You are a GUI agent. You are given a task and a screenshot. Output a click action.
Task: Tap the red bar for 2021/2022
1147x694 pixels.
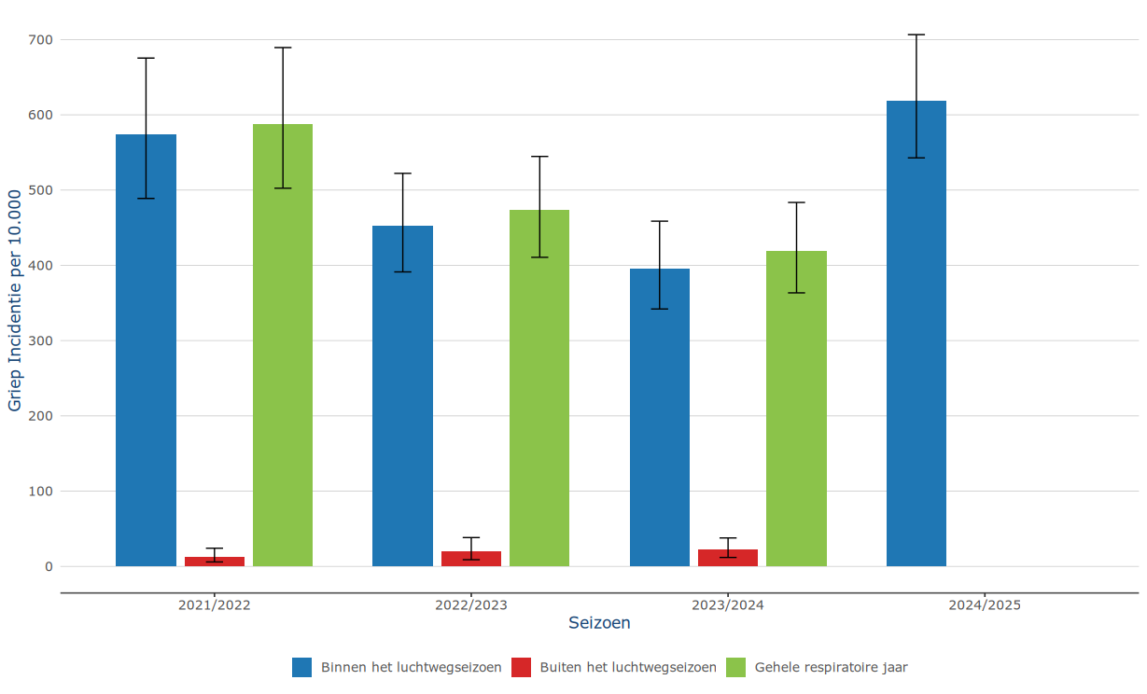pos(215,562)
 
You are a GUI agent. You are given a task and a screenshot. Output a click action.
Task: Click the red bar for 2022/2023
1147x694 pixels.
pos(471,559)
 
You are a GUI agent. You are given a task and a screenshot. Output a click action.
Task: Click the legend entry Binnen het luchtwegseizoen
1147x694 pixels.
pos(411,667)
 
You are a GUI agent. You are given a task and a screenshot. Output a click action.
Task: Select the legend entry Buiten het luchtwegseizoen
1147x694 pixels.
pos(628,667)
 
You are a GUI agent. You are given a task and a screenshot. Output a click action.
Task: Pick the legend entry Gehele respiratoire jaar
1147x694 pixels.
pos(831,667)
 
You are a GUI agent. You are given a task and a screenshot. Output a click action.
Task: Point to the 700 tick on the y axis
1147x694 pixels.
pos(41,40)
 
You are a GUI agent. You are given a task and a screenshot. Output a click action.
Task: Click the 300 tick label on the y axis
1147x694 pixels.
pos(41,340)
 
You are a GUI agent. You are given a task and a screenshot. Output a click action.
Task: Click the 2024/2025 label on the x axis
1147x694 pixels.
pos(985,604)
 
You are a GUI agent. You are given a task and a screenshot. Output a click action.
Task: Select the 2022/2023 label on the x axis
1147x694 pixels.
pos(471,604)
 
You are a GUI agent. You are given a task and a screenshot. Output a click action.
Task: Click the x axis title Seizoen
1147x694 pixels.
pos(599,623)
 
